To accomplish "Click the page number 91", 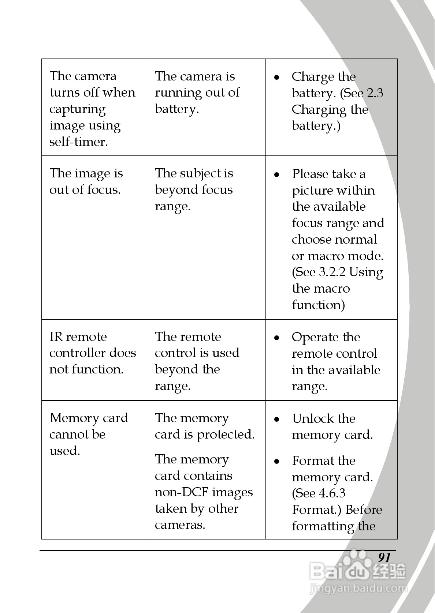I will (384, 557).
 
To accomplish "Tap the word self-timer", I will (79, 142).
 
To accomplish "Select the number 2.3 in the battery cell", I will (375, 93).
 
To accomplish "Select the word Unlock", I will (312, 418).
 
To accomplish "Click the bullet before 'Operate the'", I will (277, 337).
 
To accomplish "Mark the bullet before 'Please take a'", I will (277, 174).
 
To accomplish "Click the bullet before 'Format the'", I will (277, 461).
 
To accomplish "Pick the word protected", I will (226, 435).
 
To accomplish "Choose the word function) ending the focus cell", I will (318, 305).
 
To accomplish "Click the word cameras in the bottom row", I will (180, 525).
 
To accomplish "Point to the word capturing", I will (78, 109).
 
